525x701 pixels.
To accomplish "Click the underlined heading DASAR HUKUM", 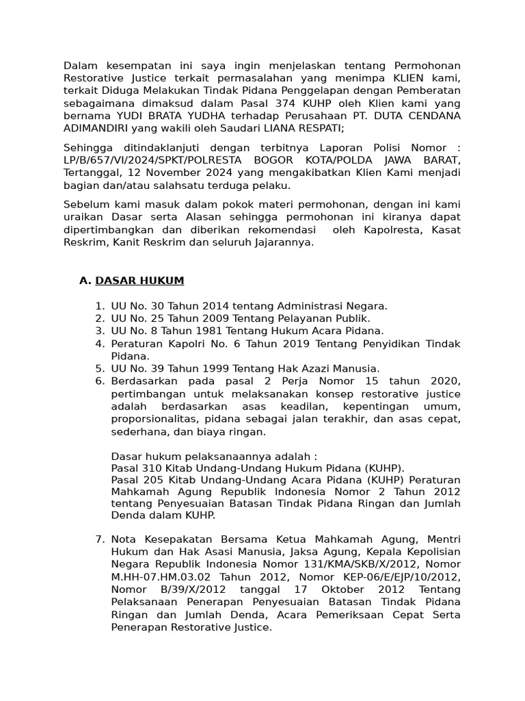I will pos(139,281).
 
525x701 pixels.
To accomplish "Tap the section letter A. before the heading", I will pos(85,281).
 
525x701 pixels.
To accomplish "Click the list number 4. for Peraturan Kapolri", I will pos(100,344).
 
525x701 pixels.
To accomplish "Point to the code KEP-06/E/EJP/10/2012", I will pos(373,576).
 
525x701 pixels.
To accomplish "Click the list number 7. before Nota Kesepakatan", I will pos(100,539).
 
